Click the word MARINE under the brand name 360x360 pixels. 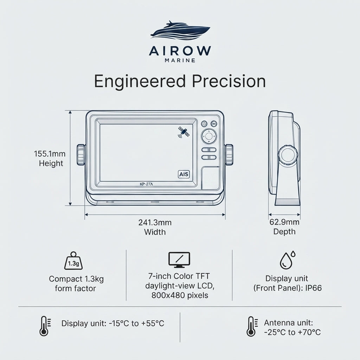pos(180,60)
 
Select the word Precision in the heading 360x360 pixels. pos(229,81)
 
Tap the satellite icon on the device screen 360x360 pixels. pos(184,132)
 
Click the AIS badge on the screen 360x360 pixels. pos(184,174)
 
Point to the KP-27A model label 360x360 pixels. pos(146,184)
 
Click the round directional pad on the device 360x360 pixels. pos(209,136)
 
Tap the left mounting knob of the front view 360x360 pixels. pos(81,154)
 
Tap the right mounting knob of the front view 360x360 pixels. pos(229,154)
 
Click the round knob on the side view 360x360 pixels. pos(288,155)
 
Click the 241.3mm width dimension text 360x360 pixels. pos(155,223)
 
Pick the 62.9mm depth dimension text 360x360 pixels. pos(284,222)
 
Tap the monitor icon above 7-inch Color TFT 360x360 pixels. pos(179,260)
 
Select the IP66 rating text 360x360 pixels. pos(313,288)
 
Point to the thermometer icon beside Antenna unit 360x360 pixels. pos(251,327)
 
